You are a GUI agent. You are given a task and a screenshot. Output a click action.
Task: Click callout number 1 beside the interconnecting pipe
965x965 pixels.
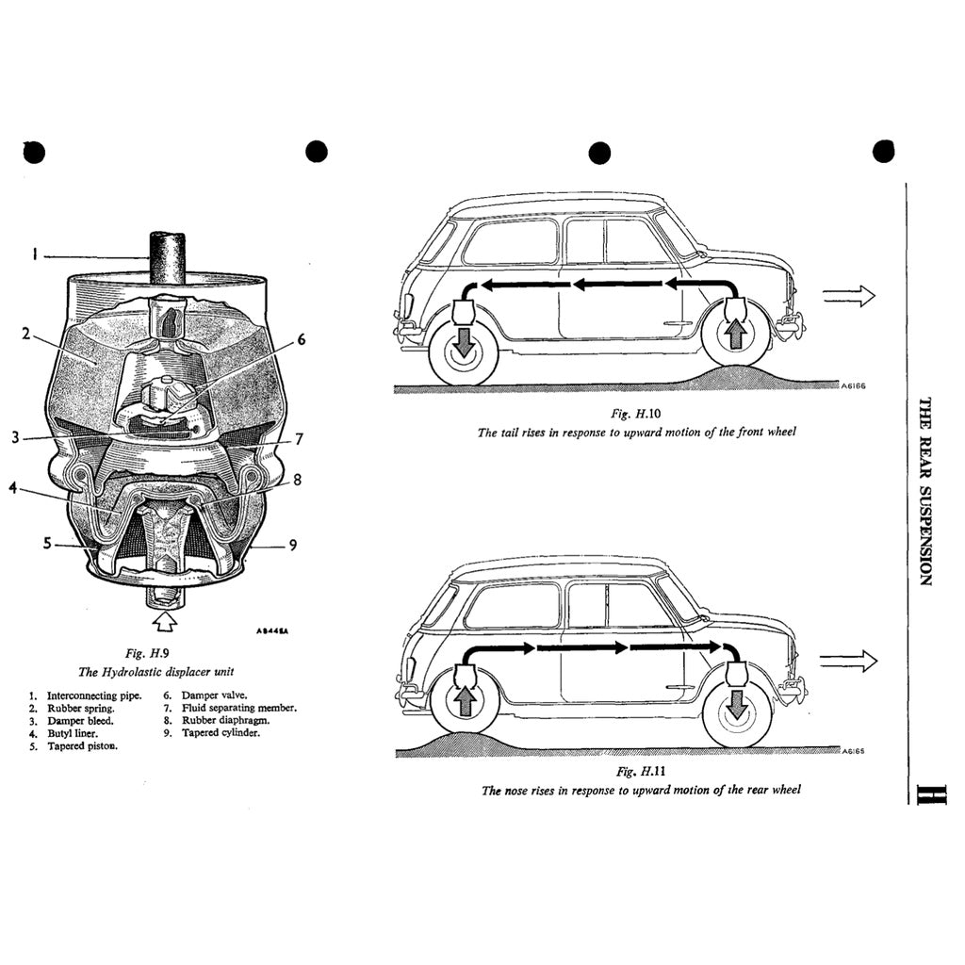[34, 254]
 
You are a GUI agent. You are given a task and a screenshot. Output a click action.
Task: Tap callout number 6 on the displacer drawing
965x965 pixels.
[302, 339]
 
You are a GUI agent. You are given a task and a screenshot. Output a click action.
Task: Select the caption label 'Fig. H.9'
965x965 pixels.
[147, 652]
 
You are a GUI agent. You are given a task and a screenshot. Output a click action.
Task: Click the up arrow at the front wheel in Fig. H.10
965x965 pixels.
[735, 334]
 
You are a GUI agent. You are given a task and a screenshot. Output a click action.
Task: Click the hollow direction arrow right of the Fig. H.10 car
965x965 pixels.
[848, 296]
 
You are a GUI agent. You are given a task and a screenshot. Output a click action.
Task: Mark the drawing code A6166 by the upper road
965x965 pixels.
[853, 385]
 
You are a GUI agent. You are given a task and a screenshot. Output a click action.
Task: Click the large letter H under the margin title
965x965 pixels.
[925, 793]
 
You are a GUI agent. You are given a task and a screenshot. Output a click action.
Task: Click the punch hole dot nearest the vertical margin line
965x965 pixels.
[883, 151]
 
